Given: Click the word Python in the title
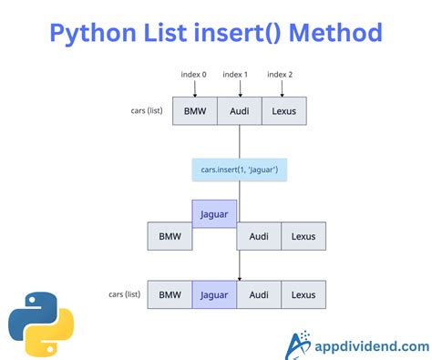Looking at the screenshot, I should click(x=96, y=34).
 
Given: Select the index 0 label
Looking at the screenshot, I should click(x=193, y=74).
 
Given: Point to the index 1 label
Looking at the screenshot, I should click(x=239, y=74).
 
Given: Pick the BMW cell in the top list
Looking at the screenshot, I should click(x=194, y=111).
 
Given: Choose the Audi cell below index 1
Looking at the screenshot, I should click(x=239, y=111).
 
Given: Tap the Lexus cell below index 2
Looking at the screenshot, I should click(x=284, y=111).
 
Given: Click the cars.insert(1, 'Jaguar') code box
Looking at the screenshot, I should click(x=239, y=170).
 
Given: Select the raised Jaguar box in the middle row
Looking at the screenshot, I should click(x=214, y=213).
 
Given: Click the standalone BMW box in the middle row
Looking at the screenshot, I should click(x=170, y=236).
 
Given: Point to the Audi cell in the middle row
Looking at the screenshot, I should click(x=259, y=236).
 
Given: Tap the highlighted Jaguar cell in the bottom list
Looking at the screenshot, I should click(x=214, y=294).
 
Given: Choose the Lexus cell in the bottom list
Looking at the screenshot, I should click(x=303, y=294).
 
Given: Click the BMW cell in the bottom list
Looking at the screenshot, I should click(x=170, y=294).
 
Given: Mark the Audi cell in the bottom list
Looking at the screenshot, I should click(x=259, y=294).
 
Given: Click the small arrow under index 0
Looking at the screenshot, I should click(x=193, y=87).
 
